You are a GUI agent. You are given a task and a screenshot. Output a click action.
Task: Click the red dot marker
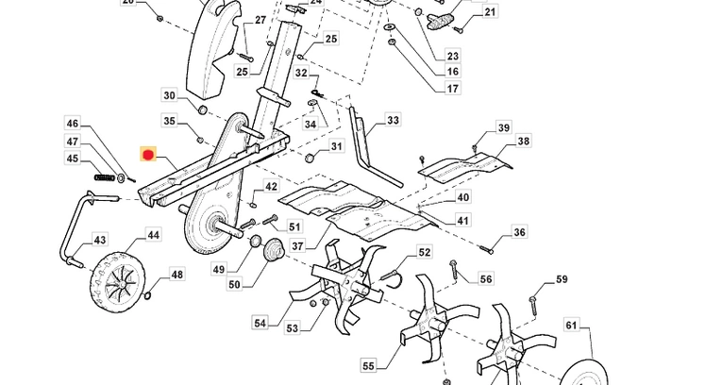pos(147,154)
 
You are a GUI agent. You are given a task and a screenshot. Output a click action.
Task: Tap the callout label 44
pos(152,234)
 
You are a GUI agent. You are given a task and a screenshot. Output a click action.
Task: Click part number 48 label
pos(176,275)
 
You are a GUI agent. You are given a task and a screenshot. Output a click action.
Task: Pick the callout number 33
pos(393,121)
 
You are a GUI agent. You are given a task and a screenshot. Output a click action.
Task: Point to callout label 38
pos(523,142)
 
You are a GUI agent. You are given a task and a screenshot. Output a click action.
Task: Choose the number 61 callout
pos(571,326)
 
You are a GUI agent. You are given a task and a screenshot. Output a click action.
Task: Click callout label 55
pos(368,365)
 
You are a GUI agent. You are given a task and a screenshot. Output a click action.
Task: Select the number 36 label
pos(519,232)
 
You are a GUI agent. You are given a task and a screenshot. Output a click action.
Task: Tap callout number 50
pos(234,284)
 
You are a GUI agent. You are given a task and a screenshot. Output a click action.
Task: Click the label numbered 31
pos(336,147)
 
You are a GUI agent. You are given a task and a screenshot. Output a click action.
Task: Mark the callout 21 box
pos(490,12)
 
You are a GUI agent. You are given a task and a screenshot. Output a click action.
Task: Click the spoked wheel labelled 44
pos(119,277)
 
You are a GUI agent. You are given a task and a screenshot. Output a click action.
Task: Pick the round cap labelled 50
pos(274,250)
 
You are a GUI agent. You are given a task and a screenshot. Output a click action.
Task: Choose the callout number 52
pos(425,252)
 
